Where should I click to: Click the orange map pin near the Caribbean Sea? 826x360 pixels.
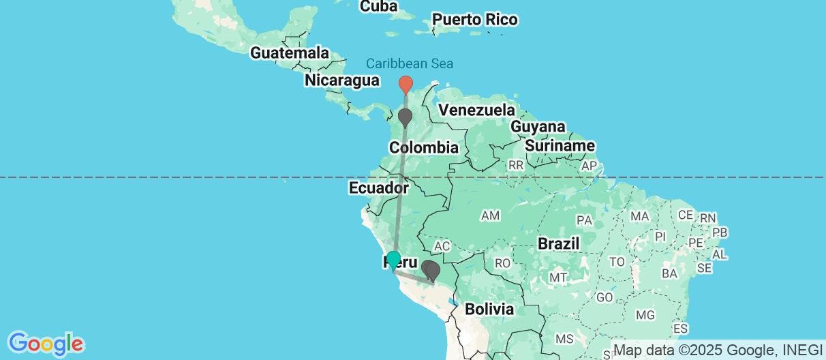click(x=406, y=84)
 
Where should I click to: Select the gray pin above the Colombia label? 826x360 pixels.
click(x=406, y=116)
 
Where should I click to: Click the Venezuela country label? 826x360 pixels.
click(x=476, y=110)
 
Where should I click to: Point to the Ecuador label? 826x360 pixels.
click(x=378, y=187)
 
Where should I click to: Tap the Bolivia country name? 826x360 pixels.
click(x=489, y=309)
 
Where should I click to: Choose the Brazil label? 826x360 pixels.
click(x=558, y=243)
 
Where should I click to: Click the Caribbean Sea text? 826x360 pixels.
click(x=410, y=64)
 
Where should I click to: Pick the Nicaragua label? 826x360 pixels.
click(x=341, y=80)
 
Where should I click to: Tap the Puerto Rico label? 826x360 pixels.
click(x=475, y=19)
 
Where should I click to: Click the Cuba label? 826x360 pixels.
click(x=379, y=6)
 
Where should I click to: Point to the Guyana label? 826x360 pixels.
click(x=538, y=127)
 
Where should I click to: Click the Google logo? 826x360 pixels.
click(x=46, y=343)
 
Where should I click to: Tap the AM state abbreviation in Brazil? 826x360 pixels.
click(x=490, y=215)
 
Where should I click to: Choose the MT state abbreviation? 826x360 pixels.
click(x=559, y=277)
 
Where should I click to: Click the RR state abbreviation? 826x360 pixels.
click(x=516, y=165)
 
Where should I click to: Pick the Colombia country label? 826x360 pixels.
click(x=423, y=147)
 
